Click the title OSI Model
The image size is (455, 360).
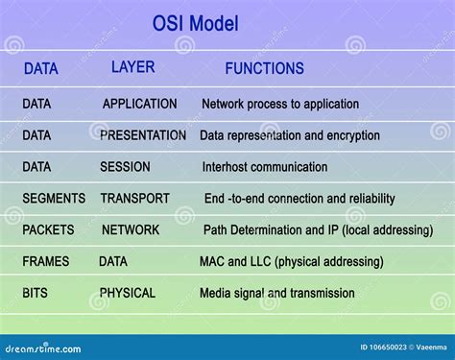point(196,23)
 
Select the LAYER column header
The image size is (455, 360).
point(132,67)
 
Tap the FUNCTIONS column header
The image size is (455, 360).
point(264,68)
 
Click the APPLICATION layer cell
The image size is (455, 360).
point(140,104)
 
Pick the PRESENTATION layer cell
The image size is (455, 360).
point(143,135)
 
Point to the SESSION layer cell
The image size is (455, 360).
point(125,167)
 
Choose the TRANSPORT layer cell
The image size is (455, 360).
point(134,199)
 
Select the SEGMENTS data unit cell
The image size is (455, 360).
point(54,199)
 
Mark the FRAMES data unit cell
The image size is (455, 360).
point(46,261)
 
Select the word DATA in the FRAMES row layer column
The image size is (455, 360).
point(113,261)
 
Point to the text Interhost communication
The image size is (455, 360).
point(265,167)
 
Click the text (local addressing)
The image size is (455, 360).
point(382,230)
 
